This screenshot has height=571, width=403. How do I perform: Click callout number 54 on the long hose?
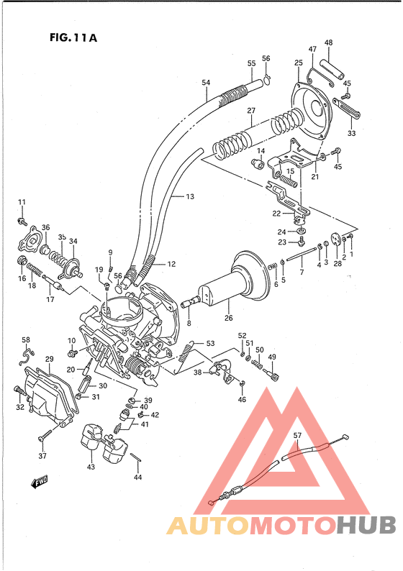click(207, 83)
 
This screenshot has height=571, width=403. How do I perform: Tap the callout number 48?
click(328, 42)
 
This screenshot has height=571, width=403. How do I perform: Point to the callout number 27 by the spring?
click(252, 111)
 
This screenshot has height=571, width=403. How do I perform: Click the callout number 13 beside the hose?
click(190, 196)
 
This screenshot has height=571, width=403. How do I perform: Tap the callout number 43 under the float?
click(91, 466)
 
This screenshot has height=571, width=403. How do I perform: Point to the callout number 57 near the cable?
click(298, 435)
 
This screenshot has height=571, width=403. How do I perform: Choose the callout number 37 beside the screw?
click(42, 456)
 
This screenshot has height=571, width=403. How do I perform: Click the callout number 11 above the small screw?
click(22, 201)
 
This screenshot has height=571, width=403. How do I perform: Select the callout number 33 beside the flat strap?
click(352, 133)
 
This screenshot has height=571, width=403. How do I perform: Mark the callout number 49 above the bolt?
click(272, 357)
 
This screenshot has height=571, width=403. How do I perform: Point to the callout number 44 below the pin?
click(137, 477)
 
